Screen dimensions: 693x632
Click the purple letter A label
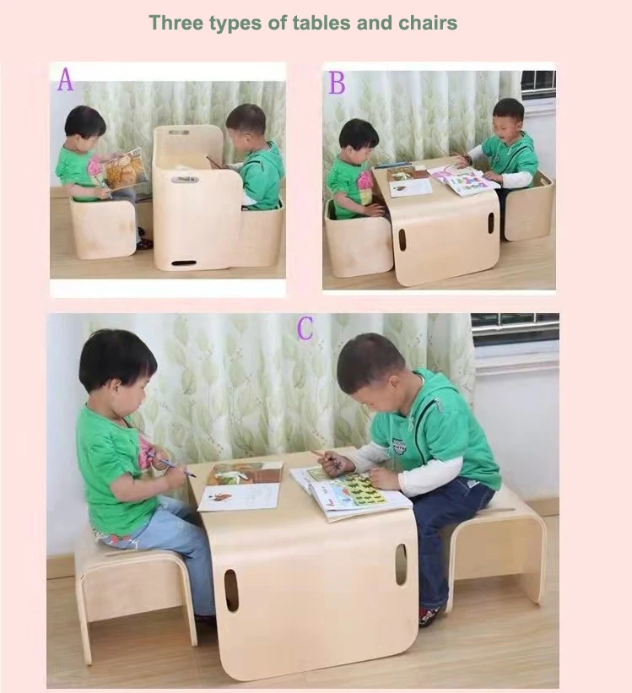coord(65,79)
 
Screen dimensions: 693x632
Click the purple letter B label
coord(337,83)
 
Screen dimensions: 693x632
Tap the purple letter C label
coord(305,328)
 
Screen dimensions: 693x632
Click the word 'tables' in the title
coord(321,23)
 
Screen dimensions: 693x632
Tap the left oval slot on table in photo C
coord(231,590)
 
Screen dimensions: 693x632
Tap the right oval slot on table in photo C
coord(401,564)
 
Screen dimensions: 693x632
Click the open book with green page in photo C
coord(350,491)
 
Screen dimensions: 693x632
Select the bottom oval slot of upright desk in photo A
coord(183,263)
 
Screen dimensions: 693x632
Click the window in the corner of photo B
coord(537,85)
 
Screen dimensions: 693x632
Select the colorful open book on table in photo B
coord(462,180)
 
